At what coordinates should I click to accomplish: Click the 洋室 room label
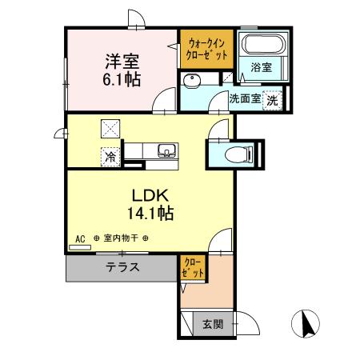click(x=121, y=60)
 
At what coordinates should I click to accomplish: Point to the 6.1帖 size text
click(x=121, y=78)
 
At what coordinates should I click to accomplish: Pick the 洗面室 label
click(x=244, y=100)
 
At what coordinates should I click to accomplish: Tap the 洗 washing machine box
click(x=273, y=101)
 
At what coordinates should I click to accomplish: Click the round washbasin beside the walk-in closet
click(x=192, y=82)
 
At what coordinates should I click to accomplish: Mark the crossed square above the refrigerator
click(x=110, y=128)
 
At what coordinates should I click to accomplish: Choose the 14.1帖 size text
click(x=149, y=214)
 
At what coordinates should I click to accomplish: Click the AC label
click(x=80, y=238)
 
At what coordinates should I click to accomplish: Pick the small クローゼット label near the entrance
click(x=194, y=267)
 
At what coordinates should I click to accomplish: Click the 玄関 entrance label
click(x=212, y=324)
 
